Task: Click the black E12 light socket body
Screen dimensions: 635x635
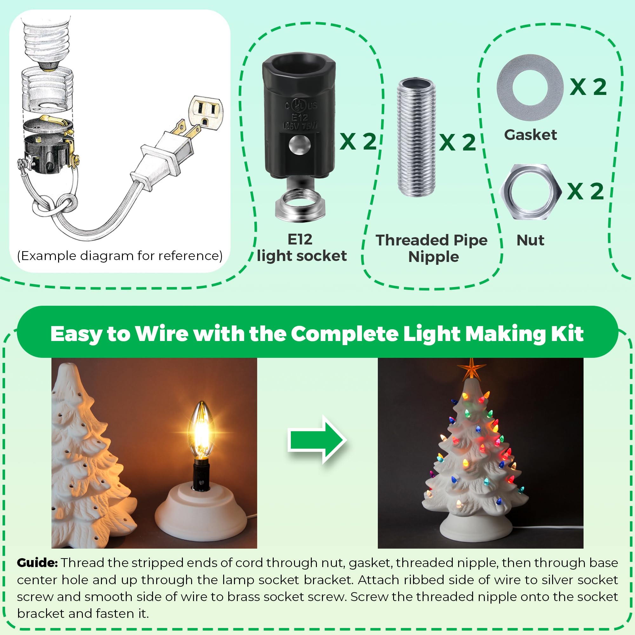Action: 299,115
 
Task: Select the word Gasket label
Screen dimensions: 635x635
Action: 530,135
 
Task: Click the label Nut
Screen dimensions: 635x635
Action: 530,240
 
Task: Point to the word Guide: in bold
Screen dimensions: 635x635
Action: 37,562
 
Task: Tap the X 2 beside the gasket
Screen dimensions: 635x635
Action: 588,87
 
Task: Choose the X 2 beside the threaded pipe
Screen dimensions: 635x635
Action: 458,142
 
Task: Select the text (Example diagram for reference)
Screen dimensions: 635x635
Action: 120,255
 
